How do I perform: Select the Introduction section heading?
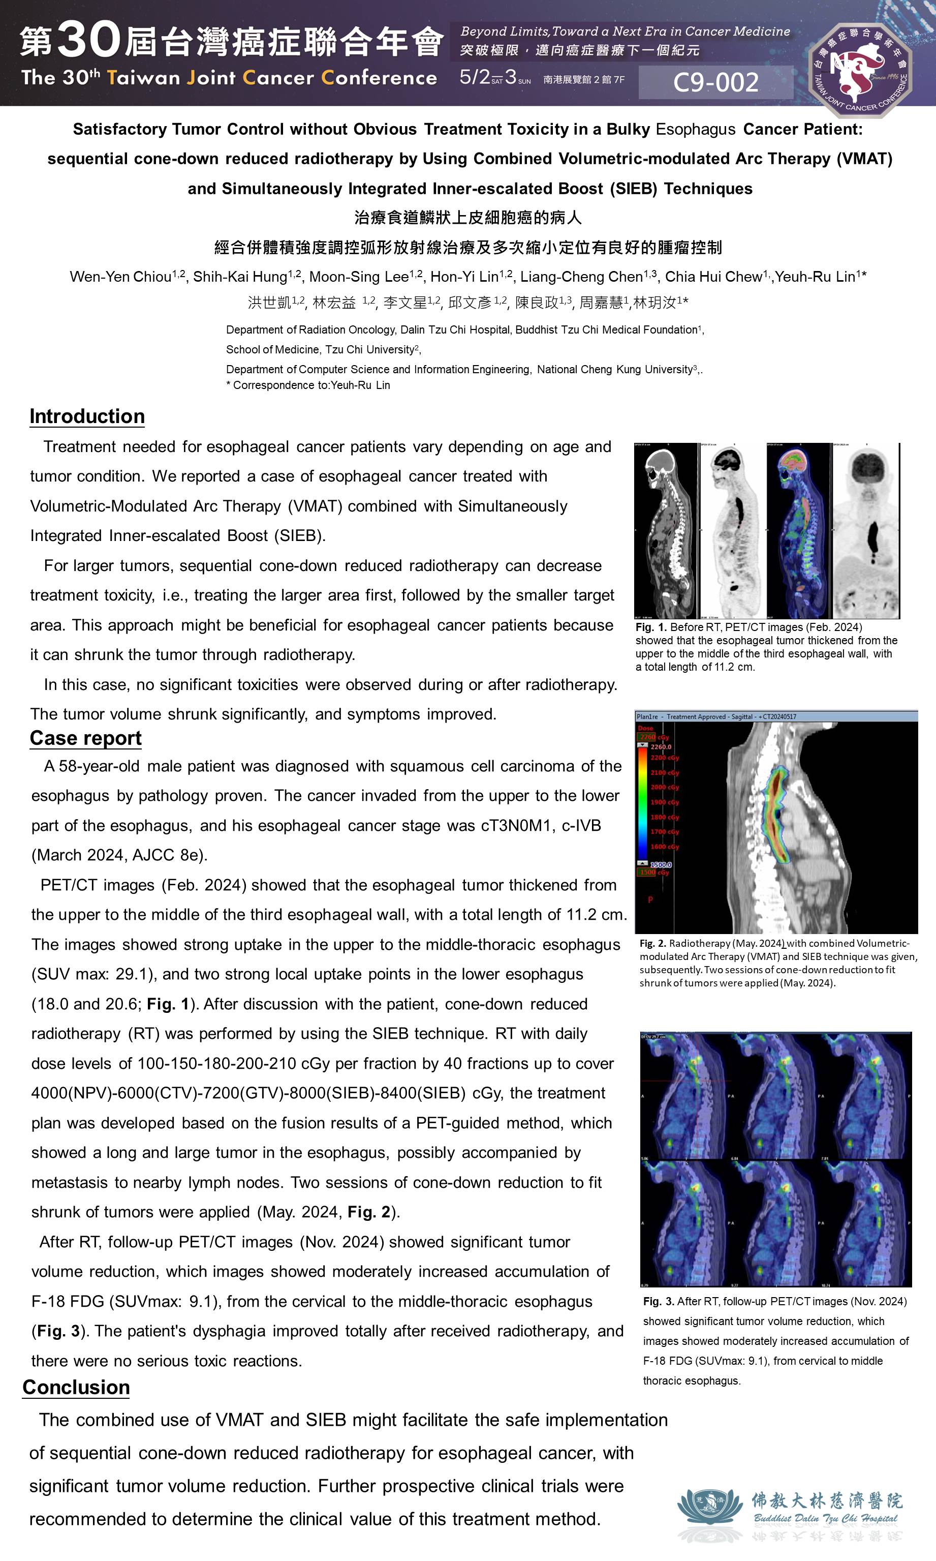[x=87, y=416]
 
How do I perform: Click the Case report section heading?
[x=86, y=738]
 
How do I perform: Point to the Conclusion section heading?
[x=76, y=1387]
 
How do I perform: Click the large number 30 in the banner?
[x=89, y=39]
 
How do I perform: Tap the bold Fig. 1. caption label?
[x=651, y=627]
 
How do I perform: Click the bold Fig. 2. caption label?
[x=652, y=943]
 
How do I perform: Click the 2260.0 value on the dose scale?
[x=661, y=746]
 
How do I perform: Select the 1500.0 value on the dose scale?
[x=661, y=864]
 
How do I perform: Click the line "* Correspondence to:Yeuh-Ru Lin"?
[x=308, y=385]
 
